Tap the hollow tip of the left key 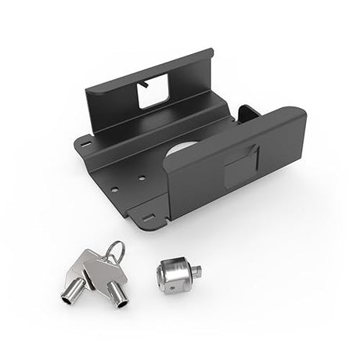pos(68,297)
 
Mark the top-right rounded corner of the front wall pos(300,114)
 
